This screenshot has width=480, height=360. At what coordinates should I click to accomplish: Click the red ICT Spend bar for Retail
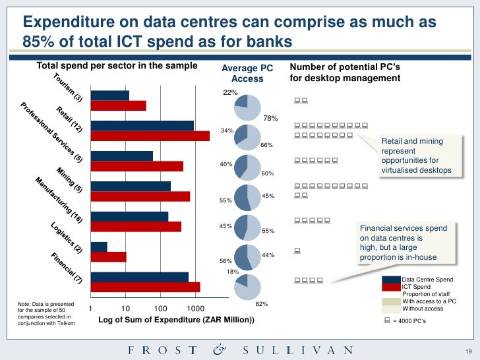click(x=150, y=136)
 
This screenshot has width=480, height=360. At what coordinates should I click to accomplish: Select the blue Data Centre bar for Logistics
click(x=99, y=247)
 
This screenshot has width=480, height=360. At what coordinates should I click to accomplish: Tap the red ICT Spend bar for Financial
click(x=145, y=287)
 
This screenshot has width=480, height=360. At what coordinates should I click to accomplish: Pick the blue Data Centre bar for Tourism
click(x=109, y=96)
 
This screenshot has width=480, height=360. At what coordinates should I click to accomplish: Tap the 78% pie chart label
click(x=270, y=119)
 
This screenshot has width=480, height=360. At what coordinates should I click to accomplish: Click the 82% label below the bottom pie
click(x=261, y=304)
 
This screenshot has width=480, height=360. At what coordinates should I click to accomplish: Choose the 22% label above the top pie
click(x=230, y=93)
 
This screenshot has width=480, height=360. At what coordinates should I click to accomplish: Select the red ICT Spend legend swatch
click(x=391, y=287)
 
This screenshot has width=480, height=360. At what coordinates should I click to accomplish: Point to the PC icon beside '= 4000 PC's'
click(x=386, y=320)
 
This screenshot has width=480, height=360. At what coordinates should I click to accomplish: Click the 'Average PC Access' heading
click(x=247, y=73)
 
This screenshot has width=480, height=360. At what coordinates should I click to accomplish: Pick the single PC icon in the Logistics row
click(x=298, y=250)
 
